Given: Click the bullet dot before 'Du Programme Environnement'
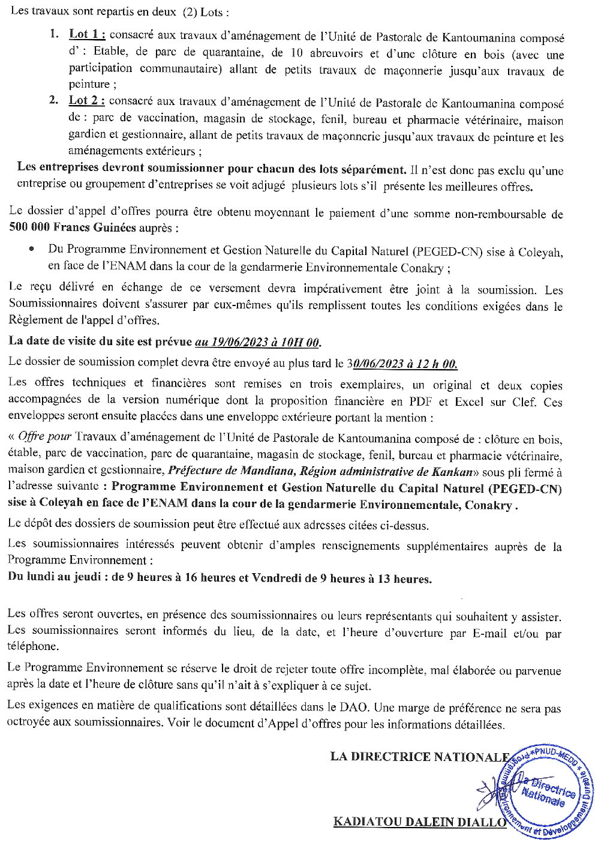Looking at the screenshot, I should (31, 248).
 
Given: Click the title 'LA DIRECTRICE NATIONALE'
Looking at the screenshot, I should (419, 757).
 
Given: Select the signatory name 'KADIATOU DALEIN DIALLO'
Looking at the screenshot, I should (420, 822).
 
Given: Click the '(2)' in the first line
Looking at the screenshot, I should (188, 12).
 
